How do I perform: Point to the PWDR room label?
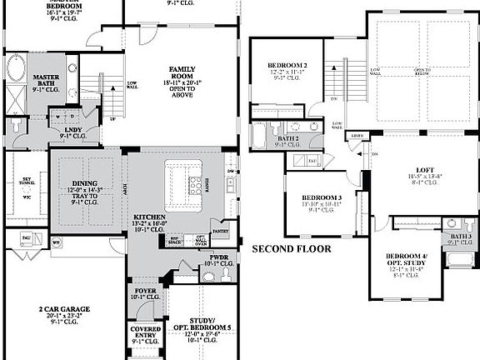coord(219,261)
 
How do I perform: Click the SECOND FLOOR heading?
coord(291,248)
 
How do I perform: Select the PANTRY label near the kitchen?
coord(221,231)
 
